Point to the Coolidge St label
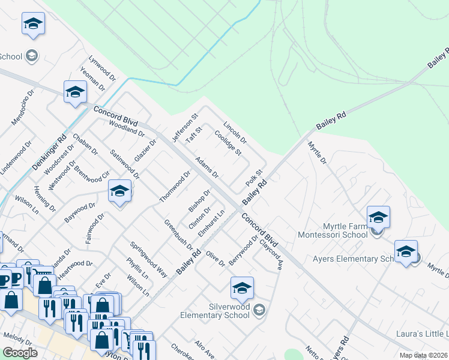(228, 144)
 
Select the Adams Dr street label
(206, 168)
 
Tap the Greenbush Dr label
(179, 234)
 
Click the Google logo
(20, 353)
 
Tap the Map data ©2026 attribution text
(423, 355)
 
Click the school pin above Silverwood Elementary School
(242, 289)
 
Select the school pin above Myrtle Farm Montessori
(378, 217)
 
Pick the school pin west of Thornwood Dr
(120, 192)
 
